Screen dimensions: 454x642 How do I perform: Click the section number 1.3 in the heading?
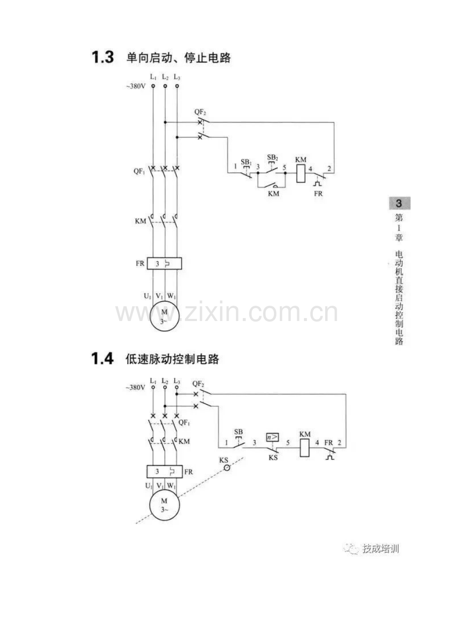tap(103, 57)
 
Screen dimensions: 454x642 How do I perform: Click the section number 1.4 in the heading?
tap(102, 358)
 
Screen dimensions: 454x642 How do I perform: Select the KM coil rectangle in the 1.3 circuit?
tap(301, 173)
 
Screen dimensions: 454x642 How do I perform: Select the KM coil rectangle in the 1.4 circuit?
tap(304, 448)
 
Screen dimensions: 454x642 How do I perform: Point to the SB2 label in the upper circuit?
tap(272, 157)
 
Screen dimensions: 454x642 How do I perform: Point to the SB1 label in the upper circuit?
tap(246, 162)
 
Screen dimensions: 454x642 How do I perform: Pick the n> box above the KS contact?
tap(272, 437)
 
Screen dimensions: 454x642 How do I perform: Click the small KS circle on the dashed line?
tap(227, 468)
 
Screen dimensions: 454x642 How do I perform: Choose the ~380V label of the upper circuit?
tap(136, 86)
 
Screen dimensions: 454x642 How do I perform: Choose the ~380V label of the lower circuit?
tap(135, 388)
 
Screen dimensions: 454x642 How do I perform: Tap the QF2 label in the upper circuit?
tap(200, 112)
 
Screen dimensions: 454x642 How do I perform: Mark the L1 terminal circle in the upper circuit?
tap(153, 86)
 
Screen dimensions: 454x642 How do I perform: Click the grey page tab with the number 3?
tap(400, 203)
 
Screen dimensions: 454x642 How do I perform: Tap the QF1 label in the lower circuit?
tap(184, 422)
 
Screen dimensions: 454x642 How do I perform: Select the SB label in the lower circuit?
tap(238, 431)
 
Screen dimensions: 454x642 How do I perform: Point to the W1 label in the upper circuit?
tap(172, 296)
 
